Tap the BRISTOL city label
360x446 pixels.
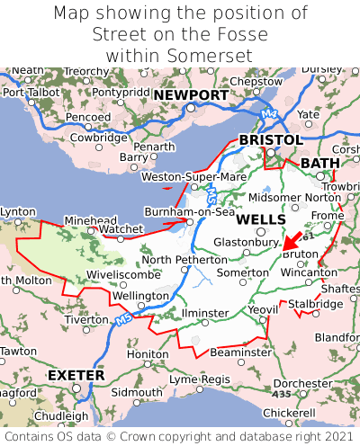click(270, 140)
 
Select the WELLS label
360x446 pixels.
click(261, 219)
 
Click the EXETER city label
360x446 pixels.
click(76, 374)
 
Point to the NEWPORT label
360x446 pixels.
click(190, 95)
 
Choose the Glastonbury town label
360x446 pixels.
click(245, 242)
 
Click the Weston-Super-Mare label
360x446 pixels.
click(193, 177)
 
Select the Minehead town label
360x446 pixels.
click(91, 220)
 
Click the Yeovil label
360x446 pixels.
click(263, 309)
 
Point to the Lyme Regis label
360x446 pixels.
click(201, 379)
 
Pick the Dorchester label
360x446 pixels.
click(302, 383)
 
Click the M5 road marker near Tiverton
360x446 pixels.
click(121, 320)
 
